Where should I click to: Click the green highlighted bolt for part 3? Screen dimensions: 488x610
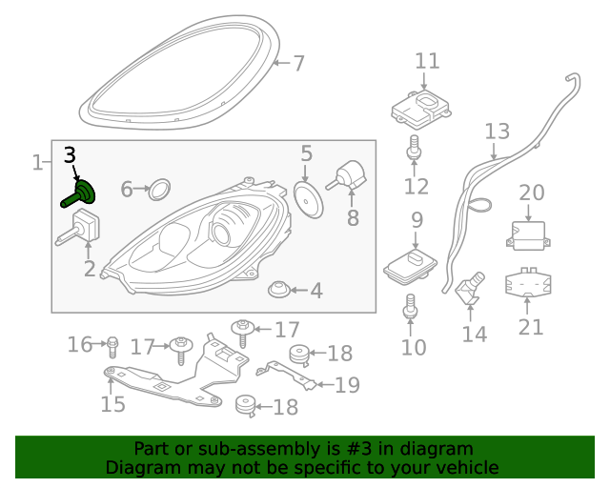pyautogui.click(x=81, y=195)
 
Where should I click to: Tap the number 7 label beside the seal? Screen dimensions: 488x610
pyautogui.click(x=298, y=64)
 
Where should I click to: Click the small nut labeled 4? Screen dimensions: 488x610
pyautogui.click(x=279, y=287)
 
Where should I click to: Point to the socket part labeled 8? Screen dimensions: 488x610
pyautogui.click(x=350, y=175)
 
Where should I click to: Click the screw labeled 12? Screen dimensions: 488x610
pyautogui.click(x=415, y=147)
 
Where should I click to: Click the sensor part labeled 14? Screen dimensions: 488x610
pyautogui.click(x=469, y=289)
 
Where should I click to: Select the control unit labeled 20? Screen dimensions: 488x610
pyautogui.click(x=532, y=234)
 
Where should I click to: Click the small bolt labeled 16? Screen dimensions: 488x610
pyautogui.click(x=112, y=343)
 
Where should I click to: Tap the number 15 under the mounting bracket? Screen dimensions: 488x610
pyautogui.click(x=112, y=404)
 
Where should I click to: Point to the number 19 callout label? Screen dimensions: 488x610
pyautogui.click(x=347, y=385)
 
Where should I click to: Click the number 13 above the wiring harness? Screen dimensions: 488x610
pyautogui.click(x=497, y=131)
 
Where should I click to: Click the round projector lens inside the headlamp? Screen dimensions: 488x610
pyautogui.click(x=222, y=232)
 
